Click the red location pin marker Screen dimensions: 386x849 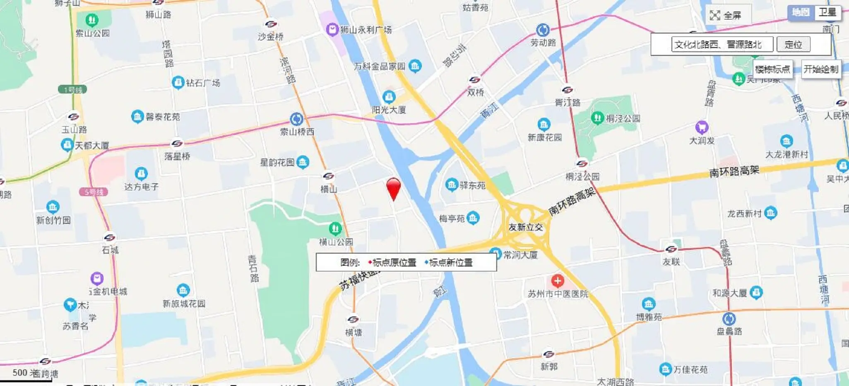click(x=393, y=188)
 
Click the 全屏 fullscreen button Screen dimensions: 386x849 click(x=725, y=16)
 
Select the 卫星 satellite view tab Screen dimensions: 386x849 click(x=827, y=12)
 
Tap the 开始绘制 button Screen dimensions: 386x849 click(x=820, y=69)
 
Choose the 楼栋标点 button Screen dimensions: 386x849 click(x=772, y=69)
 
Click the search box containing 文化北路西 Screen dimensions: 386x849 click(x=722, y=45)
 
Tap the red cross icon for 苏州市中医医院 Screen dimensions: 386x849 click(x=558, y=281)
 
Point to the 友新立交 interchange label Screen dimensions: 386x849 click(x=525, y=227)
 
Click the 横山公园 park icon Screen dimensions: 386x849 click(x=335, y=228)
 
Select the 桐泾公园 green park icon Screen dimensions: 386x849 click(x=597, y=118)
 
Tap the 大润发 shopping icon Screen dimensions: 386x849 click(x=701, y=127)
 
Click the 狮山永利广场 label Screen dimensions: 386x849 click(x=366, y=30)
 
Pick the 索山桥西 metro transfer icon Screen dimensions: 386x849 click(x=296, y=119)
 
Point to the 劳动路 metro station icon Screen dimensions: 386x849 click(x=543, y=30)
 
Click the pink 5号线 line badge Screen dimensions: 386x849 click(x=94, y=192)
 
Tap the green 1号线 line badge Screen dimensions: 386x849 click(x=73, y=89)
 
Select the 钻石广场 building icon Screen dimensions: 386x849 click(x=178, y=82)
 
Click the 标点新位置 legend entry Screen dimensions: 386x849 click(x=450, y=262)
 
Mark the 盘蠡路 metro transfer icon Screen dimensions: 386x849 click(x=729, y=319)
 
